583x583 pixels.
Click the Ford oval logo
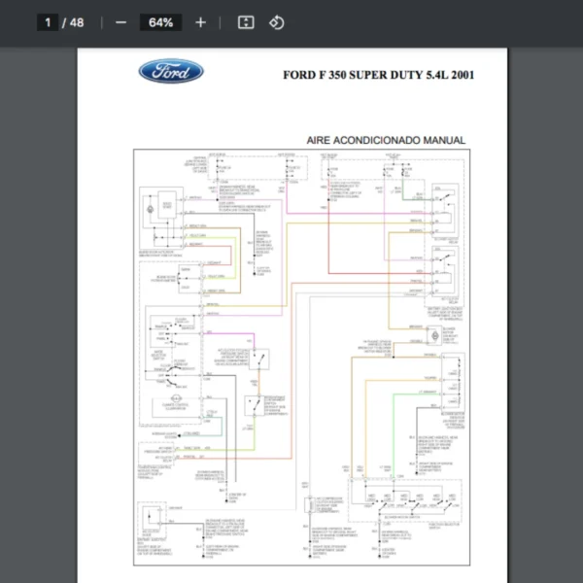pos(171,72)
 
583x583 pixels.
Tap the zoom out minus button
pos(120,22)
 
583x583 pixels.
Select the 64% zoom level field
pos(160,22)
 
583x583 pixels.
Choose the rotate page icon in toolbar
pos(277,22)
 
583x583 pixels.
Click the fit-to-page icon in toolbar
pos(246,22)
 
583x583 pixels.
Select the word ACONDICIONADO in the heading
pos(383,141)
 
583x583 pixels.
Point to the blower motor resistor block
pos(453,373)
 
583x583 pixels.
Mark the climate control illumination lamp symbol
pos(176,397)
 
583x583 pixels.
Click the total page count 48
pos(76,22)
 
